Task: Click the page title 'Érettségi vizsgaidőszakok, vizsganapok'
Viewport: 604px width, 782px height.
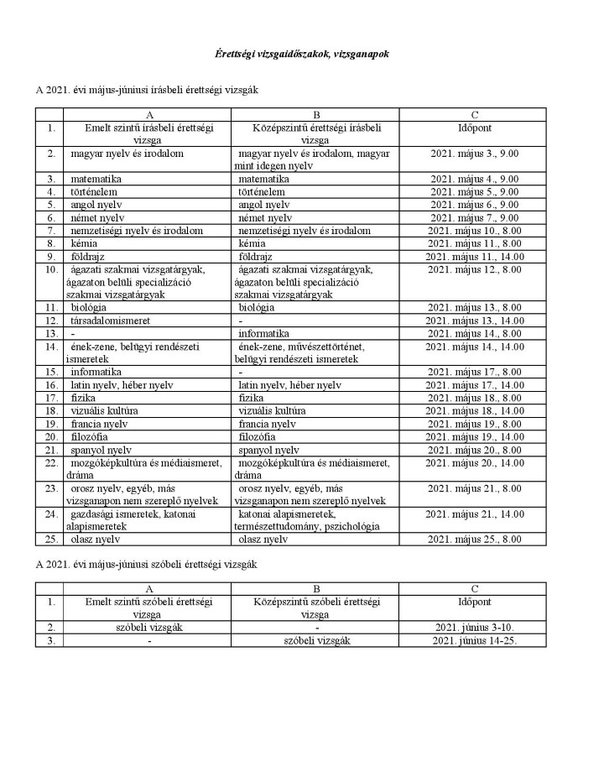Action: click(301, 54)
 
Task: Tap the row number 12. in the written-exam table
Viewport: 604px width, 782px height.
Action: click(51, 321)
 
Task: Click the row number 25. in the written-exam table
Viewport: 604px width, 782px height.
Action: click(51, 540)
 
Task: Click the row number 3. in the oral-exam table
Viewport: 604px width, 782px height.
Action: click(51, 640)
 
